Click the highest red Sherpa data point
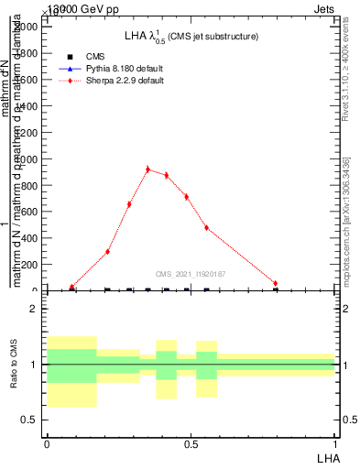(147, 169)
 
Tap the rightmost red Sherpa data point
(275, 284)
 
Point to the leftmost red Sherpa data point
(71, 288)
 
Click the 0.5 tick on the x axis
(191, 442)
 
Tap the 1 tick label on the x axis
(335, 442)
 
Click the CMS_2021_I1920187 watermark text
(191, 274)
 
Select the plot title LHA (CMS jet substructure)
(191, 37)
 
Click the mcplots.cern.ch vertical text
(345, 229)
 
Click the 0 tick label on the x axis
(47, 442)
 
